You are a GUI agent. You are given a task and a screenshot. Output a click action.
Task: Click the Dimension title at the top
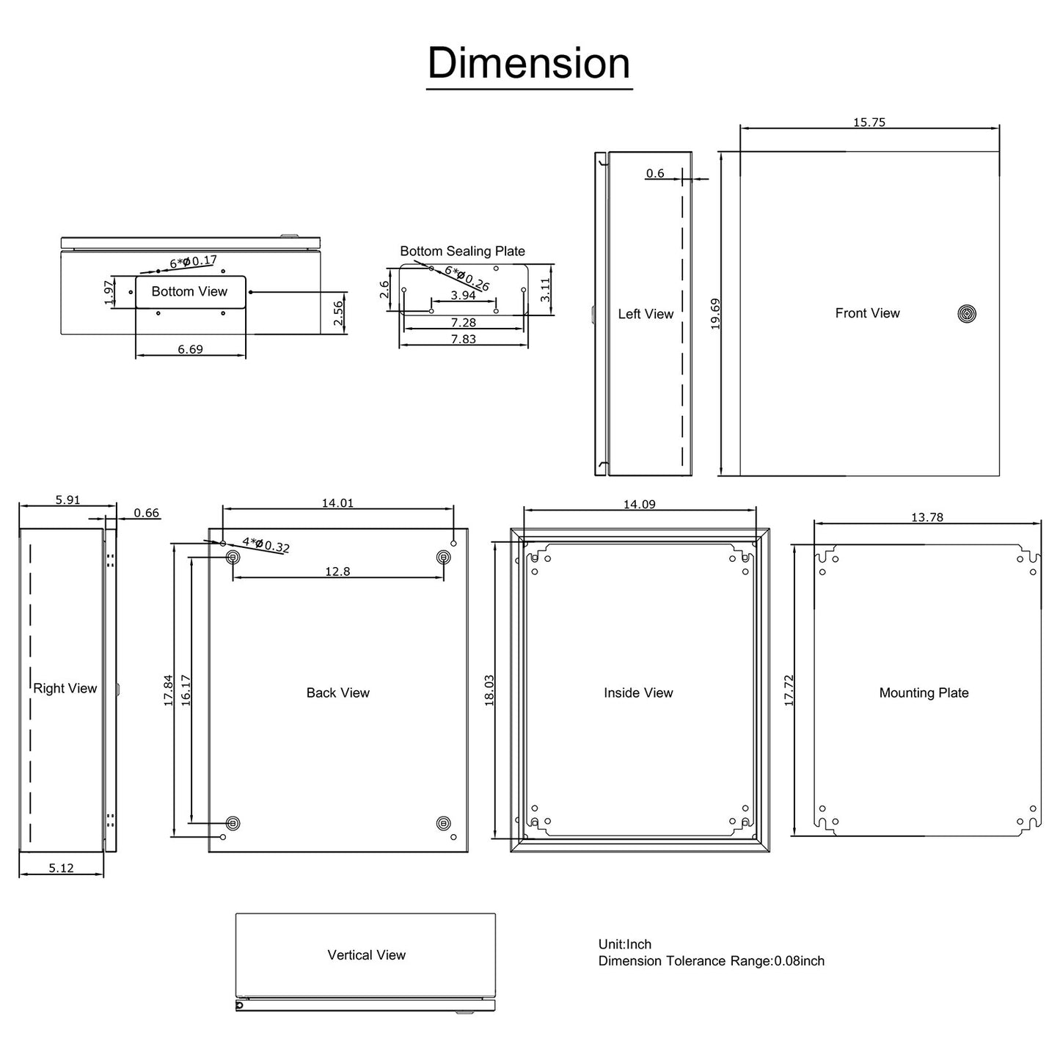coord(529,63)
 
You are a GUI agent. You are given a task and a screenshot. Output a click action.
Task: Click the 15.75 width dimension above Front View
coord(869,123)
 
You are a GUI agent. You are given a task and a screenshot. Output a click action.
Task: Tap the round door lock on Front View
coord(967,314)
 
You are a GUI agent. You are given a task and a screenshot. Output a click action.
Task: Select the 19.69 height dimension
coord(715,313)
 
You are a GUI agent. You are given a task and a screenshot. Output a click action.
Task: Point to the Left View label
coord(646,314)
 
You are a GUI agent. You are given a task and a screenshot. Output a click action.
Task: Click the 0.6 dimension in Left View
coord(655,173)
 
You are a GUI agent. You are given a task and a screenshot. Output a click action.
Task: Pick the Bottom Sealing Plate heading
coord(462,251)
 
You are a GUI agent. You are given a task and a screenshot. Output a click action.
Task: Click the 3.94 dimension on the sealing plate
coord(463,295)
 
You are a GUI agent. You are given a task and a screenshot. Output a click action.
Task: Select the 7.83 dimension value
coord(463,339)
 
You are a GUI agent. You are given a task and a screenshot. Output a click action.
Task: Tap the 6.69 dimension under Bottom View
coord(190,349)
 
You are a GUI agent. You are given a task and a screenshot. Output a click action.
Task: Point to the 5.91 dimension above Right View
coord(67,500)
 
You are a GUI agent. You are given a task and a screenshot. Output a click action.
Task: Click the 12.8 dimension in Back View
coord(337,571)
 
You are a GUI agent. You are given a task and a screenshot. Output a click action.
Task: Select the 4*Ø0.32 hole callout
coord(266,545)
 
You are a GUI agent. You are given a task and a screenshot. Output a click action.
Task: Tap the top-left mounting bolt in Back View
coord(233,558)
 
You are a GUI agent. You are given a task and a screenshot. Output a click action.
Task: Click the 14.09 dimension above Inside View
coord(639,504)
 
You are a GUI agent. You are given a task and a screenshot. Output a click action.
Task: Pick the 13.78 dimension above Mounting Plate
coord(926,517)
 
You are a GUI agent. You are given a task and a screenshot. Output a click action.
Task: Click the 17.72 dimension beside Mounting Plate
coord(789,690)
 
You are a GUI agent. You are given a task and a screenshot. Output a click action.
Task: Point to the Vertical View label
coord(366,954)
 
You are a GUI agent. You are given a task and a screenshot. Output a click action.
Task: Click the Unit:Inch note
coord(625,944)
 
